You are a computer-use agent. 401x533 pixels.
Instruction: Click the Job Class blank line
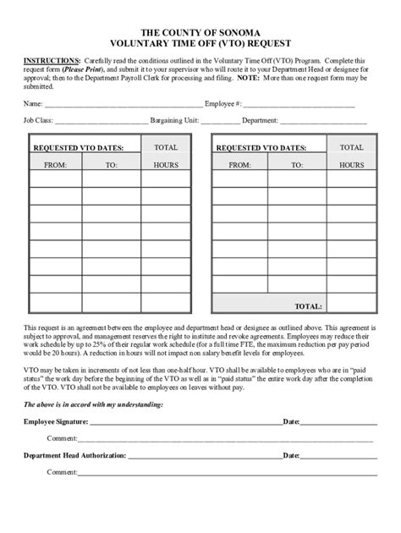pos(93,121)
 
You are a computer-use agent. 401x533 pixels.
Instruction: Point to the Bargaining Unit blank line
pos(221,121)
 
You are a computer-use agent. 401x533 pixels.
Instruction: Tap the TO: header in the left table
pos(111,164)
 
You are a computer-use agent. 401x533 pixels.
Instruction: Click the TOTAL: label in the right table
pos(307,305)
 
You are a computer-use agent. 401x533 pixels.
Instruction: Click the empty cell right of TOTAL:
pos(351,305)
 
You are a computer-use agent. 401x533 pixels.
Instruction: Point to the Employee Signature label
pos(54,420)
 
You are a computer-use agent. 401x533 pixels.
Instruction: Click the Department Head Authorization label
pos(74,455)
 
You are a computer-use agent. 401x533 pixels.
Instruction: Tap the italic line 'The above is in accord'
pos(93,405)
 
